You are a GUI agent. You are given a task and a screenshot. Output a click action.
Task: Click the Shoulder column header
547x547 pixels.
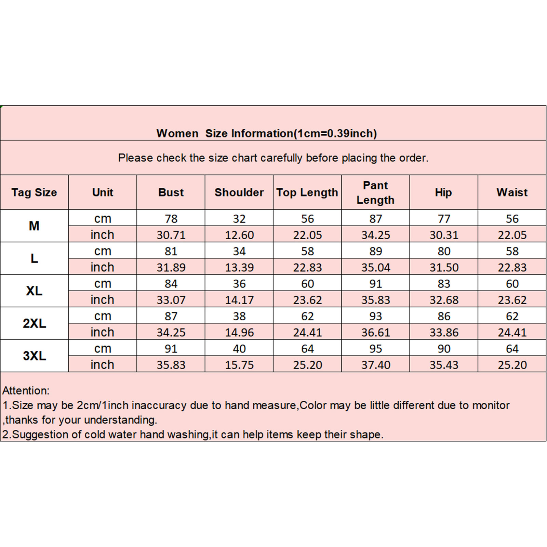click(x=239, y=192)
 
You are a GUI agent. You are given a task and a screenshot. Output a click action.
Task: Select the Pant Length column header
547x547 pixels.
click(x=375, y=192)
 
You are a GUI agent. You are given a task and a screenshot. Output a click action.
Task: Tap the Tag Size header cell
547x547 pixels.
click(x=34, y=192)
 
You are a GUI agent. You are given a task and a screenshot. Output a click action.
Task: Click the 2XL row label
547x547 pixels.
click(x=34, y=323)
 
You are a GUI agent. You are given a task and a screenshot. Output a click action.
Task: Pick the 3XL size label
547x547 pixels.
click(x=34, y=356)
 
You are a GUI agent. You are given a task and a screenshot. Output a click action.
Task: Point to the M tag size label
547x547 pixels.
click(x=34, y=226)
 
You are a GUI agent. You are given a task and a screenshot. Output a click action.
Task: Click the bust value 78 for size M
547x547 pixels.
click(x=171, y=218)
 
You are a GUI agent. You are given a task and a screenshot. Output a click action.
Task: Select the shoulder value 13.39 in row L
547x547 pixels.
click(x=239, y=267)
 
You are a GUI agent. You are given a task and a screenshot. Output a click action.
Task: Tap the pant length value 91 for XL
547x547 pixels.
click(x=375, y=283)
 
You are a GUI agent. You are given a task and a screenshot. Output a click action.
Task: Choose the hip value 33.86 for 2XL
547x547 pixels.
click(x=444, y=332)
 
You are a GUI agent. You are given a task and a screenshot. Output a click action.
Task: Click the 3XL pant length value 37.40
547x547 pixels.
click(x=375, y=365)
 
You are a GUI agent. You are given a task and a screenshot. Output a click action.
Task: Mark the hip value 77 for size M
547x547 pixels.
click(x=444, y=218)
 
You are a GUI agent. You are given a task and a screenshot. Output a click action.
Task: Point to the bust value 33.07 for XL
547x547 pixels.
click(x=171, y=300)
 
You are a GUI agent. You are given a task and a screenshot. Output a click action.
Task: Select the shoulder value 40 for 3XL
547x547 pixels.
click(x=239, y=348)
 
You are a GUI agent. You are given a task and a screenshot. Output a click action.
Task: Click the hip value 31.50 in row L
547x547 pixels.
click(x=444, y=267)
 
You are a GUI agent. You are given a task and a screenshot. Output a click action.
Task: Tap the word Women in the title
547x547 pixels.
click(x=177, y=133)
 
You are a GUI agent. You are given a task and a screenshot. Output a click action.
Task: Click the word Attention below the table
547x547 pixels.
click(x=26, y=390)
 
